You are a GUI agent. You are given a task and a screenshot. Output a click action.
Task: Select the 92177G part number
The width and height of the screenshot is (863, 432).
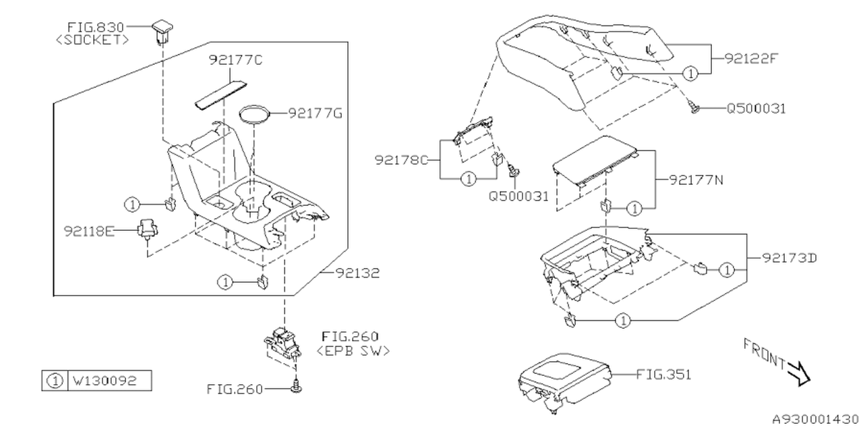pos(316,113)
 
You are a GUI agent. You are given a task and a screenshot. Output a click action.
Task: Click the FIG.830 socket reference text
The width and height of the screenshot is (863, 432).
pos(96,28)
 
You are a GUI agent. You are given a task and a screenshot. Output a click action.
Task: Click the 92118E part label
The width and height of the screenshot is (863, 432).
pos(88,231)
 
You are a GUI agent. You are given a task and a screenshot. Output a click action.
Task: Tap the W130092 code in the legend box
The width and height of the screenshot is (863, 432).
pos(105,381)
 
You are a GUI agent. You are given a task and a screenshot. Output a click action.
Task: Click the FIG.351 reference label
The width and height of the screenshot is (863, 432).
pos(663,374)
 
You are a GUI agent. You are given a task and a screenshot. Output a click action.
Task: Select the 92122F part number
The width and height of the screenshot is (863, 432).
pos(751,59)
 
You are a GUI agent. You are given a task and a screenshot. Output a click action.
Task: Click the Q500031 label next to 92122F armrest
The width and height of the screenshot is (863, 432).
pos(756,108)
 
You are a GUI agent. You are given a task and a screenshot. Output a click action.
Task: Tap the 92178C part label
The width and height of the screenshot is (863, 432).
pos(401,160)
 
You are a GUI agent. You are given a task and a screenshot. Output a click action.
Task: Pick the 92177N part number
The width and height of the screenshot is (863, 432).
pos(697,180)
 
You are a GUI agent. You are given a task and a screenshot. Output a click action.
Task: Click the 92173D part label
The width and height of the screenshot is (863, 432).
pos(790,258)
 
